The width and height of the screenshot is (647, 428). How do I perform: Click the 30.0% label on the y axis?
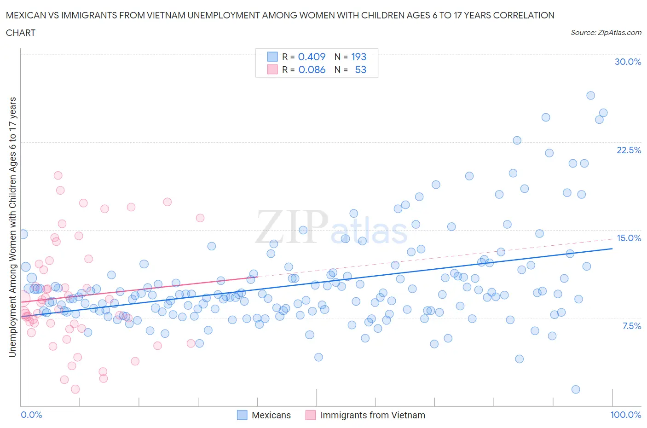[x=628, y=62]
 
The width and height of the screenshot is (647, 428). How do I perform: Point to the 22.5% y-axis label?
[x=629, y=150]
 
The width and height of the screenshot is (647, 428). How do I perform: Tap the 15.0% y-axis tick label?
[x=629, y=238]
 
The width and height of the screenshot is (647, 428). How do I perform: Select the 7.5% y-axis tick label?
[x=631, y=326]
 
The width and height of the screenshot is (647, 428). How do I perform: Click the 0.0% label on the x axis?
[x=31, y=415]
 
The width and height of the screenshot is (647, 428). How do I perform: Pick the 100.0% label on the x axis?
[x=625, y=415]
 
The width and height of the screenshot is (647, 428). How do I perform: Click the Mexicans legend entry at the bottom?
[x=271, y=415]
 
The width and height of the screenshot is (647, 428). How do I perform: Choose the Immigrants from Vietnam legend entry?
[x=372, y=415]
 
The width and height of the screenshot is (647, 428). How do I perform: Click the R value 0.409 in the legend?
[x=312, y=57]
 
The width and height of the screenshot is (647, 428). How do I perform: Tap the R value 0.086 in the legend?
[x=312, y=69]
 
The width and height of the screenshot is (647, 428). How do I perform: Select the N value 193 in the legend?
[x=358, y=57]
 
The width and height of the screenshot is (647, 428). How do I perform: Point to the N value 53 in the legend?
[x=360, y=69]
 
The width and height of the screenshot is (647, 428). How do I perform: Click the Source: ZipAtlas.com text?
[x=606, y=32]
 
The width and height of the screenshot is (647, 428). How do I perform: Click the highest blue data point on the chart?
[x=590, y=95]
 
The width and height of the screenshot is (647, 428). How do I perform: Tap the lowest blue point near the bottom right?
[x=576, y=389]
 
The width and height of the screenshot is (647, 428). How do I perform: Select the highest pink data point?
[x=58, y=175]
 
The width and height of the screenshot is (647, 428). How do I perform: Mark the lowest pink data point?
[x=75, y=389]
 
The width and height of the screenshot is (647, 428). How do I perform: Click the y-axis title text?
[x=13, y=227]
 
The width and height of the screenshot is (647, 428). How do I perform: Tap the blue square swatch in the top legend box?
[x=272, y=57]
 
